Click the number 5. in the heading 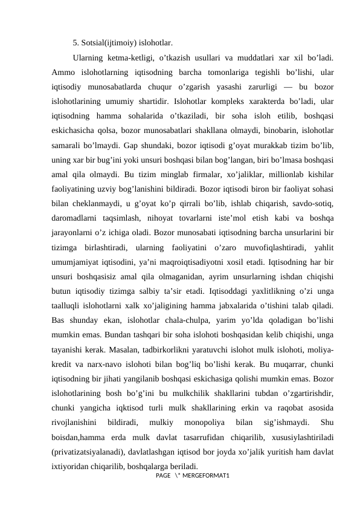(76, 43)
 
